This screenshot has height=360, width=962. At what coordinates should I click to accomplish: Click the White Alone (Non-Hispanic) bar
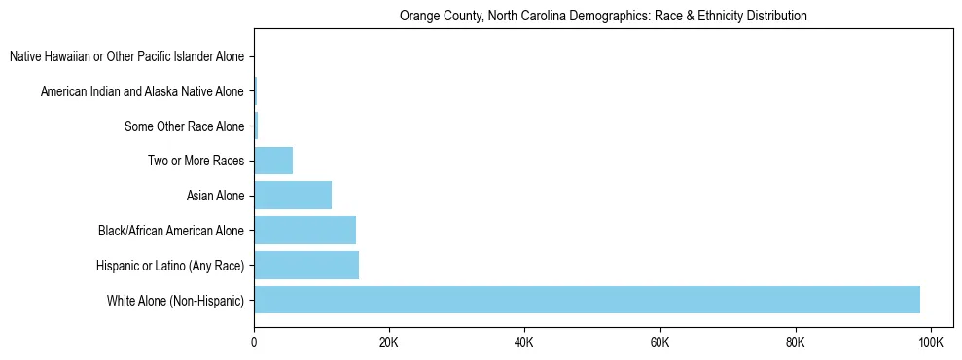(x=587, y=300)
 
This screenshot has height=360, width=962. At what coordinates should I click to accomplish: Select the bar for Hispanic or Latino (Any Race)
(x=306, y=265)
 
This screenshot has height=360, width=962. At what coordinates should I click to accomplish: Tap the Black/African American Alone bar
(x=304, y=231)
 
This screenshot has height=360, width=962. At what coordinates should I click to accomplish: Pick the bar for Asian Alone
(x=293, y=196)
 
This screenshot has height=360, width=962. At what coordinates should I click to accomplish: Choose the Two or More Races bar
(x=273, y=161)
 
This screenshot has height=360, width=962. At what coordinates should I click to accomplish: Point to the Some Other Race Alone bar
(x=256, y=126)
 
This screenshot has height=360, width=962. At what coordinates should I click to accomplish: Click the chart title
(x=603, y=17)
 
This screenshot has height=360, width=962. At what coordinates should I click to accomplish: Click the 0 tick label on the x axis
(x=254, y=342)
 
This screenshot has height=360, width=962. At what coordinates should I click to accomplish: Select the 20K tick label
(x=389, y=342)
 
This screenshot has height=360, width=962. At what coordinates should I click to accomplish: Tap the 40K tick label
(x=524, y=342)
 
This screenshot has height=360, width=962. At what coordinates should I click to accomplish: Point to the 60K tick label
(x=660, y=342)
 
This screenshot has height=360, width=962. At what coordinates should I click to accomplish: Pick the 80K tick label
(x=796, y=342)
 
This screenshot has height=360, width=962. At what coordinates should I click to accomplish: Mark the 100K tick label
(x=931, y=342)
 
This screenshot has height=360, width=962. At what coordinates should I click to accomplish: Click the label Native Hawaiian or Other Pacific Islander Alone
(x=126, y=57)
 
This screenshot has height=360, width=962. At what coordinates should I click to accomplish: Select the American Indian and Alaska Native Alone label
(x=142, y=92)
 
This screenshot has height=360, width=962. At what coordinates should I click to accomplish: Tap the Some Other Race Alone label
(x=184, y=126)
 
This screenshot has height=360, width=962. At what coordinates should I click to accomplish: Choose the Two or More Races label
(x=196, y=162)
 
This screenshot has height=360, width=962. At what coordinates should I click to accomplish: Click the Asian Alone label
(x=215, y=197)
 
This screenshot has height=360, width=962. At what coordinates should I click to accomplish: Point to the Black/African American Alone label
(x=171, y=231)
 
